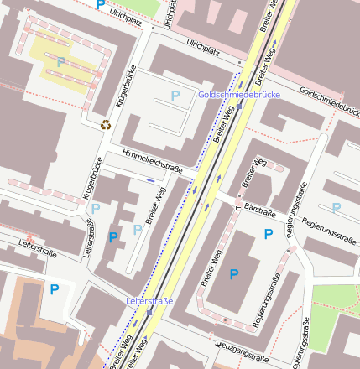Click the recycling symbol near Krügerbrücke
pyautogui.click(x=106, y=125)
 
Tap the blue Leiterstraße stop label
pyautogui.click(x=149, y=300)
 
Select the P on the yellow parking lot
pyautogui.click(x=60, y=62)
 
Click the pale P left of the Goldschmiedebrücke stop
pyautogui.click(x=175, y=96)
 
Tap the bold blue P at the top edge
pyautogui.click(x=101, y=5)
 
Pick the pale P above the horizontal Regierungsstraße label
pyautogui.click(x=336, y=208)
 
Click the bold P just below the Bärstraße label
pyautogui.click(x=268, y=235)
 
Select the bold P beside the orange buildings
pyautogui.click(x=55, y=290)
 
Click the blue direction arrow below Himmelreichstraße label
pyautogui.click(x=151, y=179)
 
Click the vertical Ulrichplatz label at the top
pyautogui.click(x=170, y=15)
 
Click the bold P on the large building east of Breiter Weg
pyautogui.click(x=233, y=274)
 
